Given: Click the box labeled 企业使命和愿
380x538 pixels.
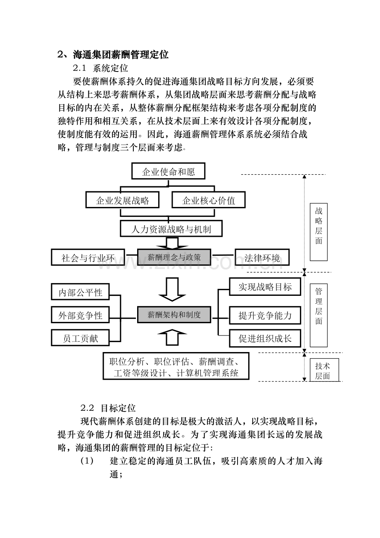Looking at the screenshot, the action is [x=168, y=171].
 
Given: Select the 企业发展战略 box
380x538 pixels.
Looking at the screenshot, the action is [x=122, y=200].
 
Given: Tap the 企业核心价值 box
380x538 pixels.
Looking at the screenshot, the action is [x=209, y=200].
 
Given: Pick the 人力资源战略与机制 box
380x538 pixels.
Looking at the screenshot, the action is [x=171, y=229].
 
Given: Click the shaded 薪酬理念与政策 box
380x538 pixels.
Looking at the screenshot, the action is [x=174, y=257].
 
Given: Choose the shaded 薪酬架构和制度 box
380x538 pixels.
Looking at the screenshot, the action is [x=174, y=314].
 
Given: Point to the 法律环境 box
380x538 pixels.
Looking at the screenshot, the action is [x=262, y=257].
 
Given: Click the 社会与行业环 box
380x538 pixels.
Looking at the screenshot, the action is [x=88, y=257].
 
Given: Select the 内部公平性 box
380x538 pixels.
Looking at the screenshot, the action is [x=81, y=292].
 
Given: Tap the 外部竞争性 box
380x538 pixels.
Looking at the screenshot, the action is [x=81, y=314].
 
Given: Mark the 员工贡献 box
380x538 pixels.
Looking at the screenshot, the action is [x=81, y=338].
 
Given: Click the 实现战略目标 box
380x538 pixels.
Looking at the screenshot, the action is [x=265, y=286].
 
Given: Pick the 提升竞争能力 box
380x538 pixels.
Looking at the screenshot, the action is [x=265, y=315].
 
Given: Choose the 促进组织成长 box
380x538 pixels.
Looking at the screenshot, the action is [x=265, y=338].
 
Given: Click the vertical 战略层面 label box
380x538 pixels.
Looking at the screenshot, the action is [x=318, y=232].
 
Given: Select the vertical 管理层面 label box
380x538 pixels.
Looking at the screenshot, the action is [x=318, y=315].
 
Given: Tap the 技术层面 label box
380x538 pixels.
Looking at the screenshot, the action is [x=324, y=370].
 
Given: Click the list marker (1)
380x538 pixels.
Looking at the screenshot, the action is [x=87, y=461].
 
